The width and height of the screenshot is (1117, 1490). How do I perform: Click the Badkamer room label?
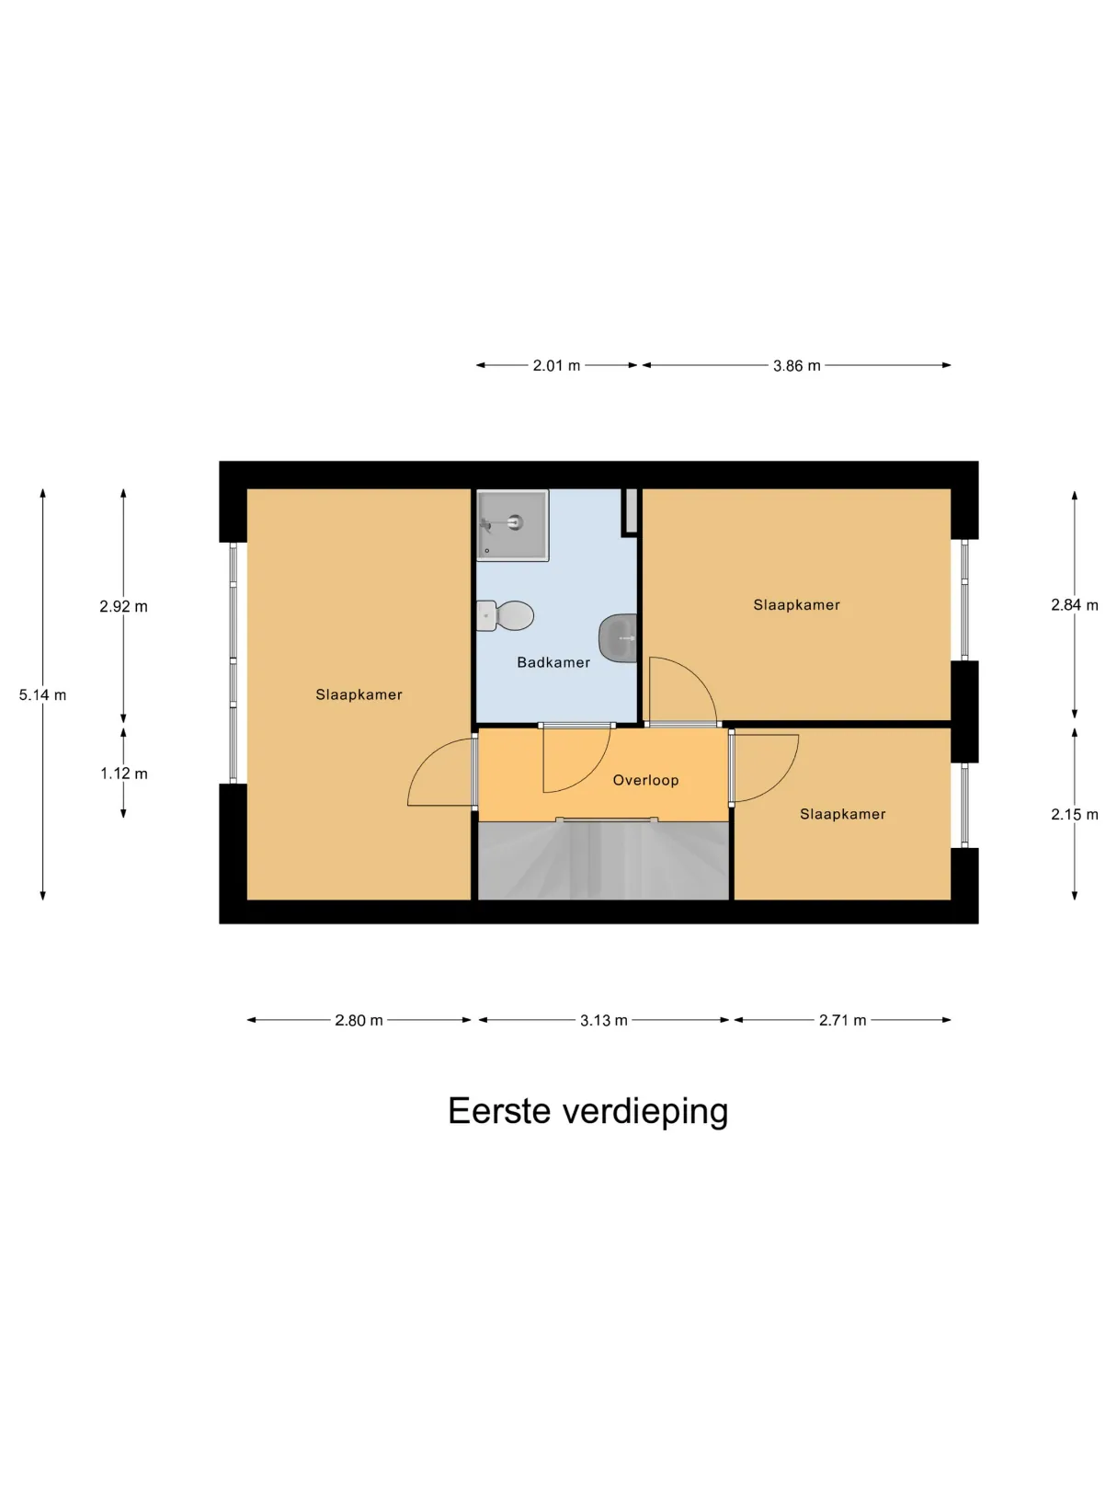tap(553, 662)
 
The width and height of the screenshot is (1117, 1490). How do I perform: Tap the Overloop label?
tap(645, 780)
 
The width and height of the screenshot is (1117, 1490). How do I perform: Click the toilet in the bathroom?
tap(505, 615)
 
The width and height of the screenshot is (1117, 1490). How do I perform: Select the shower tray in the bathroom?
tap(512, 525)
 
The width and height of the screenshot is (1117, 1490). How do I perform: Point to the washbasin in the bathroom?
tap(618, 638)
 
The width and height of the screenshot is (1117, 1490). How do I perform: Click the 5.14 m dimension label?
tap(42, 694)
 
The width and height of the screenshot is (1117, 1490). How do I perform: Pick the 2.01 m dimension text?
tap(556, 366)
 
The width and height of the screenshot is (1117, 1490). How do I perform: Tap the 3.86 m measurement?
tap(797, 366)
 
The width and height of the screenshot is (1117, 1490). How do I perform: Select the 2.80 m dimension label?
tap(359, 1020)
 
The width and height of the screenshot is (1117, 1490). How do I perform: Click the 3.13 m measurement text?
tap(604, 1020)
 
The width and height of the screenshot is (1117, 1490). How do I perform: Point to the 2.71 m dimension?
tap(842, 1020)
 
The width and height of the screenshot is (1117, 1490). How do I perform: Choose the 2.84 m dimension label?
tap(1075, 605)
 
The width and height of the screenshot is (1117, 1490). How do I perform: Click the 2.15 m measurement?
tap(1075, 815)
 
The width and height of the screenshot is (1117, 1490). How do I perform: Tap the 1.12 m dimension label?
tap(124, 774)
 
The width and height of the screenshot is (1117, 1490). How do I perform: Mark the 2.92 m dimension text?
tap(123, 606)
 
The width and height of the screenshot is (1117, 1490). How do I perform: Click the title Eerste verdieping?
tap(588, 1113)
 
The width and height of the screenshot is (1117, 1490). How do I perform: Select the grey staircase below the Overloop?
tap(604, 861)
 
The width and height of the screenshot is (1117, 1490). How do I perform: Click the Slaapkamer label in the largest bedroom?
tap(359, 694)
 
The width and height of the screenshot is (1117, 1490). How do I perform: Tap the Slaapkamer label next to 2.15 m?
tap(842, 814)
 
